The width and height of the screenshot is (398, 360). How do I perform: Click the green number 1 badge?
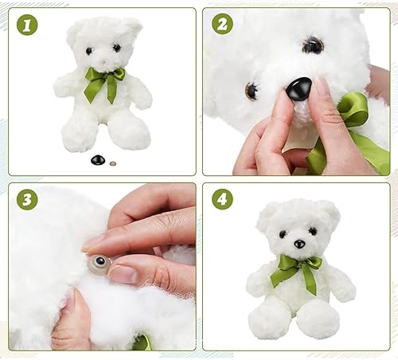(27, 25)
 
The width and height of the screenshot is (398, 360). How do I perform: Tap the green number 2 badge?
(222, 24)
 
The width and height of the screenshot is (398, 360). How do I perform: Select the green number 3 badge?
(27, 200)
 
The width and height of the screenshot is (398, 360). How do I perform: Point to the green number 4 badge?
(222, 200)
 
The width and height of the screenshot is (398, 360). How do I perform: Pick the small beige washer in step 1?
(113, 163)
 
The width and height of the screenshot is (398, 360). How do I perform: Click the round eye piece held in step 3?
(99, 261)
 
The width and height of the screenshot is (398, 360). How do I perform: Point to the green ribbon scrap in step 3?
(142, 342)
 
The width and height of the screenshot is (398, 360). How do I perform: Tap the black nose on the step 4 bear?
(299, 244)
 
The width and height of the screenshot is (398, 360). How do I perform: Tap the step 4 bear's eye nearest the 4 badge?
(283, 234)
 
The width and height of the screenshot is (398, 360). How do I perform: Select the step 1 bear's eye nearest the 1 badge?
(89, 51)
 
